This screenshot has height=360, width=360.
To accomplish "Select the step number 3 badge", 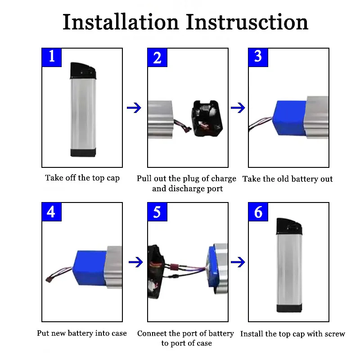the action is (258, 57).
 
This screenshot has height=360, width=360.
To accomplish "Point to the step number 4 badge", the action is (52, 211).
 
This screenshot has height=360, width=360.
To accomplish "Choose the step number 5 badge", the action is (157, 211).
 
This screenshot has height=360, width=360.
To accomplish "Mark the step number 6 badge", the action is (258, 211).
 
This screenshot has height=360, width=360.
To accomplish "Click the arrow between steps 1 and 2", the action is (134, 108).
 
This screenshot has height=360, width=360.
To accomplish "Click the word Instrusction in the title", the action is (247, 22).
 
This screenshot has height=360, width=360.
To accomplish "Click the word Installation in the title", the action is (121, 22).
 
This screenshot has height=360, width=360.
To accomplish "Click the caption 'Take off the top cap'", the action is (82, 178).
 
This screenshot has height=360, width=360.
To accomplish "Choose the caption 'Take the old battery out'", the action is (288, 179).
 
